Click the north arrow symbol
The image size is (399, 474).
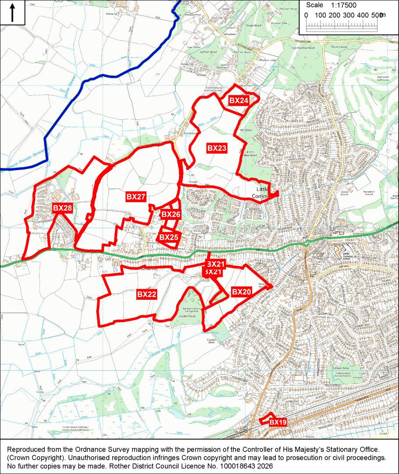click(x=12, y=12)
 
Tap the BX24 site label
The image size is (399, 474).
click(x=239, y=101)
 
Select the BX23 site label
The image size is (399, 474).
click(x=217, y=148)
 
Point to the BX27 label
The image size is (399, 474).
click(x=136, y=197)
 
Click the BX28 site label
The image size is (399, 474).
click(x=62, y=208)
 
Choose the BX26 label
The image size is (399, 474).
click(x=171, y=214)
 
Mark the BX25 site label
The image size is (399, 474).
click(x=168, y=237)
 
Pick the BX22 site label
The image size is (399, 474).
click(x=146, y=294)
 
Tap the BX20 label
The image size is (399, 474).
click(x=241, y=292)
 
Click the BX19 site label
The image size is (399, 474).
click(x=278, y=422)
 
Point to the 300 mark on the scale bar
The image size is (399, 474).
click(x=349, y=15)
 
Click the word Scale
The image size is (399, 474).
click(x=314, y=5)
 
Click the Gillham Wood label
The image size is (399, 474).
click(x=342, y=368)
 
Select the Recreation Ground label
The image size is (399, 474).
click(x=368, y=192)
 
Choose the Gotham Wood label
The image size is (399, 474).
click(x=208, y=52)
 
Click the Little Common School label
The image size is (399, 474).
click(x=347, y=255)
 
